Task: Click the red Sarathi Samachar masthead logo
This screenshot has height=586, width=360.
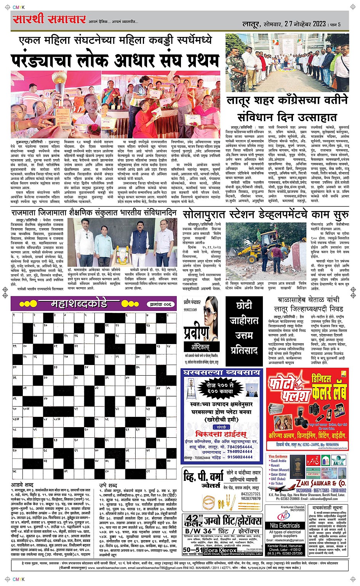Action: [x=49, y=19]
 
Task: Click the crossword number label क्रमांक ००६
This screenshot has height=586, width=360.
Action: [x=160, y=304]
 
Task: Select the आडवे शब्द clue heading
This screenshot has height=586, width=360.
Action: [x=22, y=485]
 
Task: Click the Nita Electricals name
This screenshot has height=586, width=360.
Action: [x=285, y=525]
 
